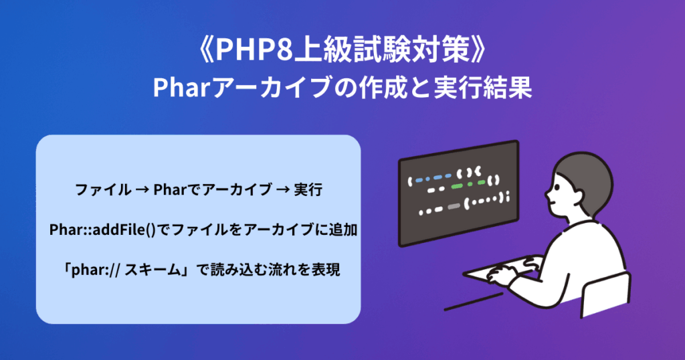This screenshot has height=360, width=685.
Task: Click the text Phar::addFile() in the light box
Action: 102,230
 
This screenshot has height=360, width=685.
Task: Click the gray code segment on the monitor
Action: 454,206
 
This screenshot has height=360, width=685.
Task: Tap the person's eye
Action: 558,187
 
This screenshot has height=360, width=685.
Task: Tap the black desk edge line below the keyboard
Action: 474,302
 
